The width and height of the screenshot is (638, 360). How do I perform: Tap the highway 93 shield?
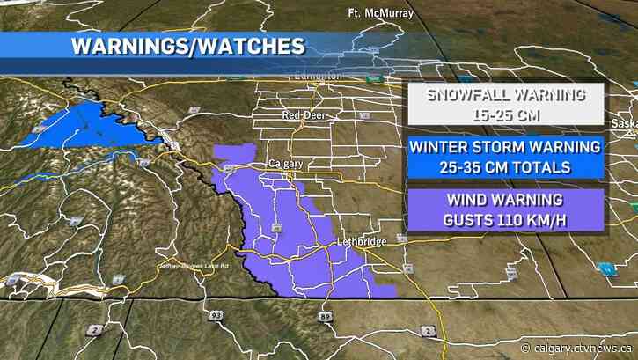[x=216, y=313]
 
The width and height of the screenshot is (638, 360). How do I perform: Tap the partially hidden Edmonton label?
[x=318, y=77]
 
